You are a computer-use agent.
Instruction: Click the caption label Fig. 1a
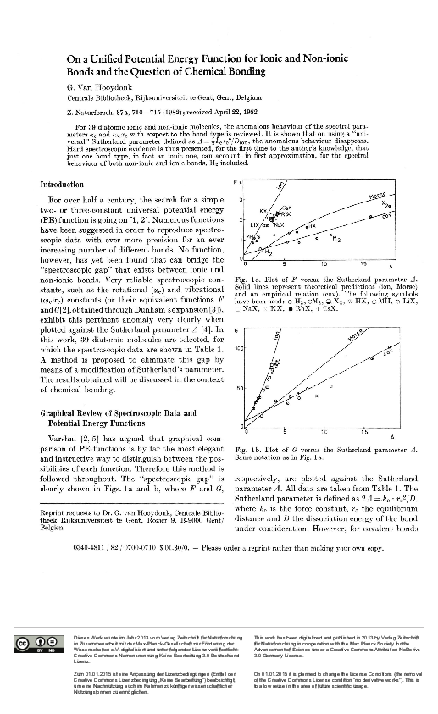coord(247,276)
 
